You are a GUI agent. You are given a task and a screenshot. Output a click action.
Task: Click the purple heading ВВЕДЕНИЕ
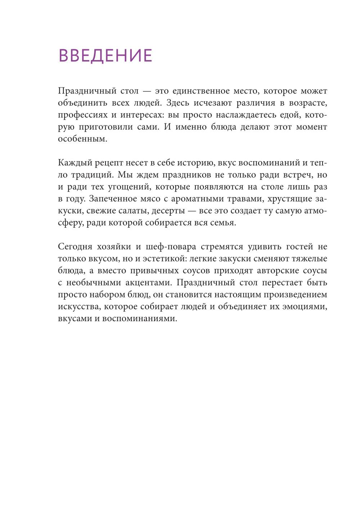click(x=105, y=56)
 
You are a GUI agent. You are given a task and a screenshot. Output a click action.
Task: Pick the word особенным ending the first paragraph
click(x=82, y=139)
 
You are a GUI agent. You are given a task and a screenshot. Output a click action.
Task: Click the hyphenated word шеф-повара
click(x=171, y=246)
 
